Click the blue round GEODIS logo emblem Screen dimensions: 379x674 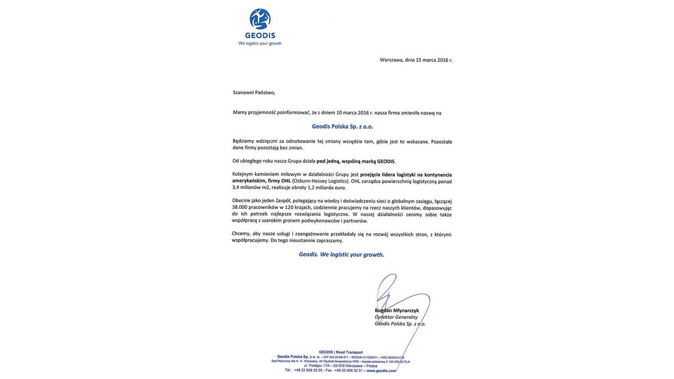(x=260, y=19)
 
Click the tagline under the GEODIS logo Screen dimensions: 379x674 (x=260, y=43)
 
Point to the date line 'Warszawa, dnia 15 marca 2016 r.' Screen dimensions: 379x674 (x=416, y=60)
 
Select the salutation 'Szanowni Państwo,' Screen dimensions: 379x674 (x=254, y=93)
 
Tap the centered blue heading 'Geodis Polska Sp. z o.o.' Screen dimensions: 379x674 (x=343, y=126)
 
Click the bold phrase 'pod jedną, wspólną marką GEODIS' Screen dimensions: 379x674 (x=356, y=161)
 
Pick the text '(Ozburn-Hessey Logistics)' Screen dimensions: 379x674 (x=321, y=181)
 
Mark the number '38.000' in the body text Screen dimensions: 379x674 (x=240, y=207)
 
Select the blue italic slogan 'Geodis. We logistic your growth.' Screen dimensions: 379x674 (x=341, y=254)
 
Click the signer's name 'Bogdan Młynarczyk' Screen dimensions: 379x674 (x=397, y=310)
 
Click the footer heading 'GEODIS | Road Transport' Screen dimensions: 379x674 (x=341, y=352)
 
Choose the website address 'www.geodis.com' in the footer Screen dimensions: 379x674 (x=381, y=371)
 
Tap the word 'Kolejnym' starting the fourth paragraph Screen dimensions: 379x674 (x=242, y=175)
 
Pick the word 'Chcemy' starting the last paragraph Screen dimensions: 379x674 (x=240, y=234)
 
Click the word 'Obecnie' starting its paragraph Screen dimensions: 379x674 (x=241, y=201)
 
